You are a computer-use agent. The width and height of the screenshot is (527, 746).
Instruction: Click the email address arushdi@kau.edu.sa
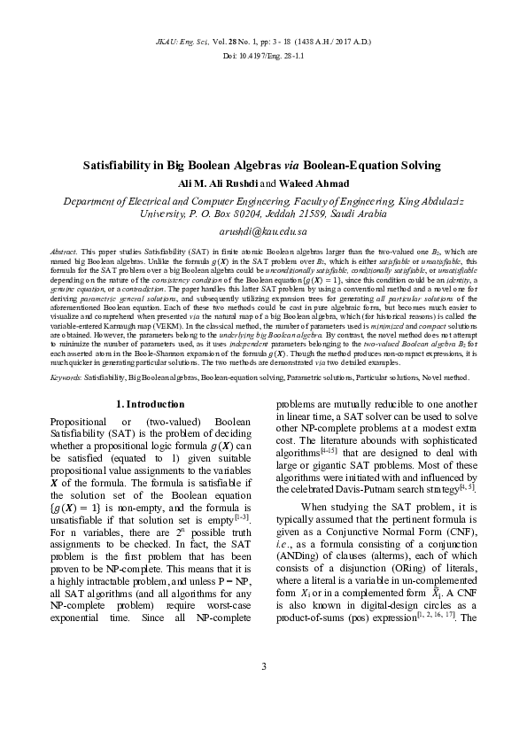click(x=263, y=230)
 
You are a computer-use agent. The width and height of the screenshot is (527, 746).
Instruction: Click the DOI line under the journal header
click(x=263, y=56)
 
